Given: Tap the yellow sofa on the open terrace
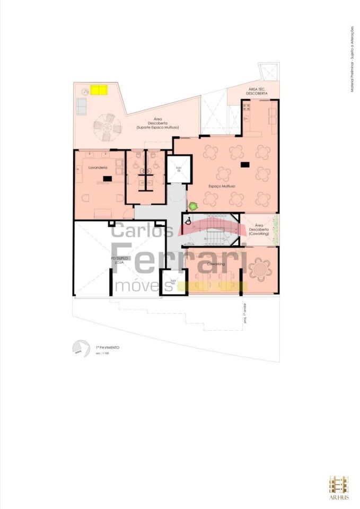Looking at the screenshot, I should click(x=99, y=90).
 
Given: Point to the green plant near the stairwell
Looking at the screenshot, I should click(x=193, y=205).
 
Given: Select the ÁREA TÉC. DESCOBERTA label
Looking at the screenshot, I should click(x=257, y=91).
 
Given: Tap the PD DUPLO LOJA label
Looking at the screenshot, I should click(x=120, y=261).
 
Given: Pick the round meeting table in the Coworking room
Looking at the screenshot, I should click(x=260, y=268).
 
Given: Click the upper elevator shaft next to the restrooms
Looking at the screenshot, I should click(x=179, y=170).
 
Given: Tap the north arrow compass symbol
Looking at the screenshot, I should click(x=79, y=348).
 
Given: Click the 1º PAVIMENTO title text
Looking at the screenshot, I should click(x=107, y=347).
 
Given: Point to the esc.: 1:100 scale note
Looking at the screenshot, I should click(x=102, y=353).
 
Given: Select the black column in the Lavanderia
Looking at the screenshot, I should click(x=108, y=179).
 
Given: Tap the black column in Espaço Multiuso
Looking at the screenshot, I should click(x=244, y=165).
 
